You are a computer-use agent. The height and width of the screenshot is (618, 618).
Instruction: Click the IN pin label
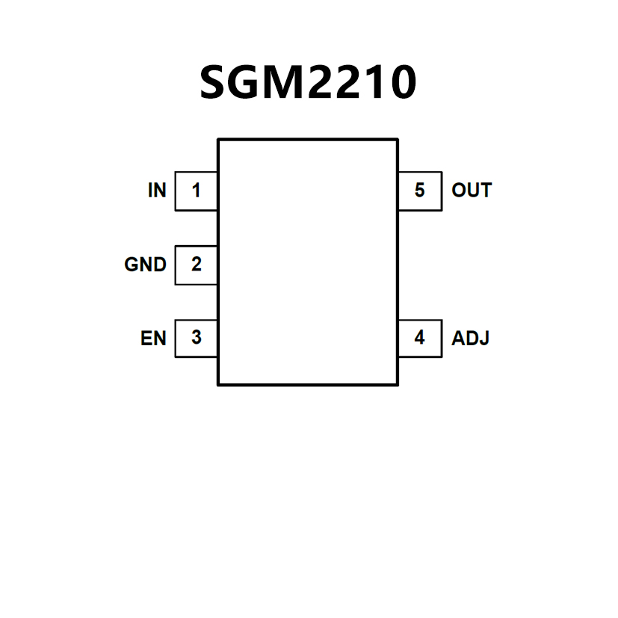[157, 191]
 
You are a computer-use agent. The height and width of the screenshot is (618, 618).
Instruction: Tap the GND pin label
[145, 265]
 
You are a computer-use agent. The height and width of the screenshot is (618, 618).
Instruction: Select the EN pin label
[153, 339]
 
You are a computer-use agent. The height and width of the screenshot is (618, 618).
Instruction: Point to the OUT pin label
[472, 191]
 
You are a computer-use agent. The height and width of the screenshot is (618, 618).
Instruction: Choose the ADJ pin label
[471, 339]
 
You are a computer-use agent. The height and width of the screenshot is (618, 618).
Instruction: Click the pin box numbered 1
[196, 191]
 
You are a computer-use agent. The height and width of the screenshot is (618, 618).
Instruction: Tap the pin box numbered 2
[196, 265]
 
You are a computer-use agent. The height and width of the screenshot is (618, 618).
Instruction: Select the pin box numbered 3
[196, 339]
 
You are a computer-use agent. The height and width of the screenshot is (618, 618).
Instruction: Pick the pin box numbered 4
[419, 339]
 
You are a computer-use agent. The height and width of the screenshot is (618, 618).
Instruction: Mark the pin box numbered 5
[419, 191]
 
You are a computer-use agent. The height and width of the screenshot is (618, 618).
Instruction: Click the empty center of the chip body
[307, 262]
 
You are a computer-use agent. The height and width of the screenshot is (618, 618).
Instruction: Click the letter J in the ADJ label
[484, 339]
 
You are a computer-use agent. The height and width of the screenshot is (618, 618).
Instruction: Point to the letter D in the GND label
[159, 265]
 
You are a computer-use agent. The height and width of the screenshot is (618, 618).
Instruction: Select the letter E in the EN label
[146, 339]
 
